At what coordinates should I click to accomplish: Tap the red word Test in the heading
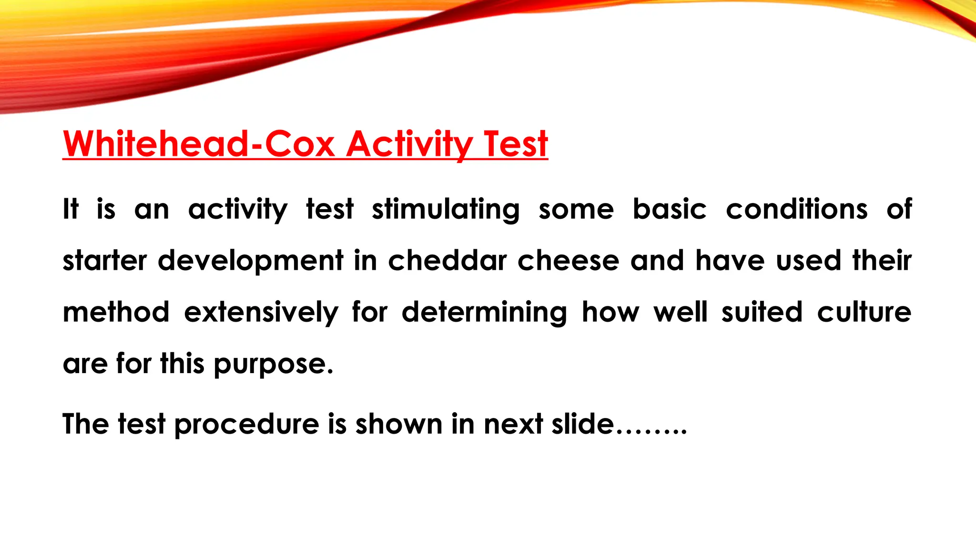point(515,143)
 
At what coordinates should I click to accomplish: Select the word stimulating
point(446,209)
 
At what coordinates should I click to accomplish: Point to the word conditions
point(796,209)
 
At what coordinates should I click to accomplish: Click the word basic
point(669,209)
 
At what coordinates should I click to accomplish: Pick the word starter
point(105,261)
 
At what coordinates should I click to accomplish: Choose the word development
point(250,262)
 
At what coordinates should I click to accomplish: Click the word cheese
point(568,261)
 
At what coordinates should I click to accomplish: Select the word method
point(116,312)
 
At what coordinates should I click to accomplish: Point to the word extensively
point(261,313)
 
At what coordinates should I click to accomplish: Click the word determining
point(484,313)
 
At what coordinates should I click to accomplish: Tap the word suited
point(762,312)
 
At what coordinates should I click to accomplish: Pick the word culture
point(864,312)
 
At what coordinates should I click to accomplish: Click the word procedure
point(246,425)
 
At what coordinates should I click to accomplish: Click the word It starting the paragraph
point(71,209)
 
